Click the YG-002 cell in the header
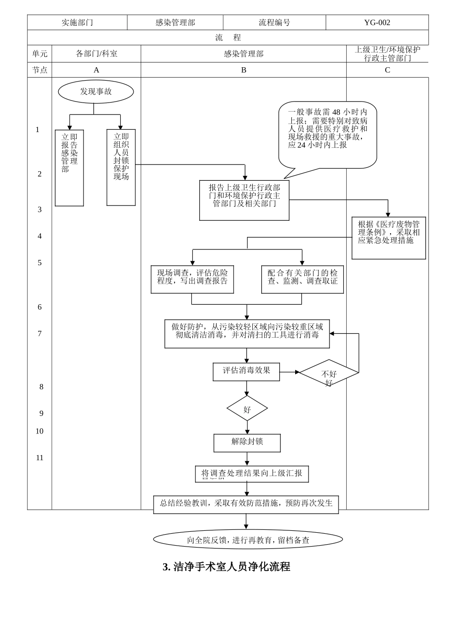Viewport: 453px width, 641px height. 377,22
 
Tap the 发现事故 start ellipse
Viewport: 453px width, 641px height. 96,92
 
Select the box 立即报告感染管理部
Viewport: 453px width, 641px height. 69,167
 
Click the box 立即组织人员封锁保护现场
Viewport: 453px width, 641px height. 121,167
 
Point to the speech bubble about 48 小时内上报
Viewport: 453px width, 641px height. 328,135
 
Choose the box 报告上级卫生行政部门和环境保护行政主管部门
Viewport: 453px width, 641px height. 244,200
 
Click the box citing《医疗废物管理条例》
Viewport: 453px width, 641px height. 389,238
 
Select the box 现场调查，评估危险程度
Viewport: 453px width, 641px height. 192,279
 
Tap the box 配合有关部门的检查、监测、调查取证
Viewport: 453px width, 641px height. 302,279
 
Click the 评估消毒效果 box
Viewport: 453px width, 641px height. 246,372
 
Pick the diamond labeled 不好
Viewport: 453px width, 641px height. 329,373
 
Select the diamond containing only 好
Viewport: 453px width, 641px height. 247,409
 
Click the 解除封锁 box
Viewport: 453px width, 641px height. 247,443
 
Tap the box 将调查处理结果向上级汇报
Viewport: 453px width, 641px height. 252,474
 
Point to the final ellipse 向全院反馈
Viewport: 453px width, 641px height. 248,540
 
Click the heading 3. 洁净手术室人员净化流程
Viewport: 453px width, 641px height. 226,567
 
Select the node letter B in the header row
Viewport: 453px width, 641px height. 244,70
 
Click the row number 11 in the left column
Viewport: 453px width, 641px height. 40,458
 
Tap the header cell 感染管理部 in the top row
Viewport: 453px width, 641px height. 175,22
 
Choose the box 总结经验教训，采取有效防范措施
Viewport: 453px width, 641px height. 246,504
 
